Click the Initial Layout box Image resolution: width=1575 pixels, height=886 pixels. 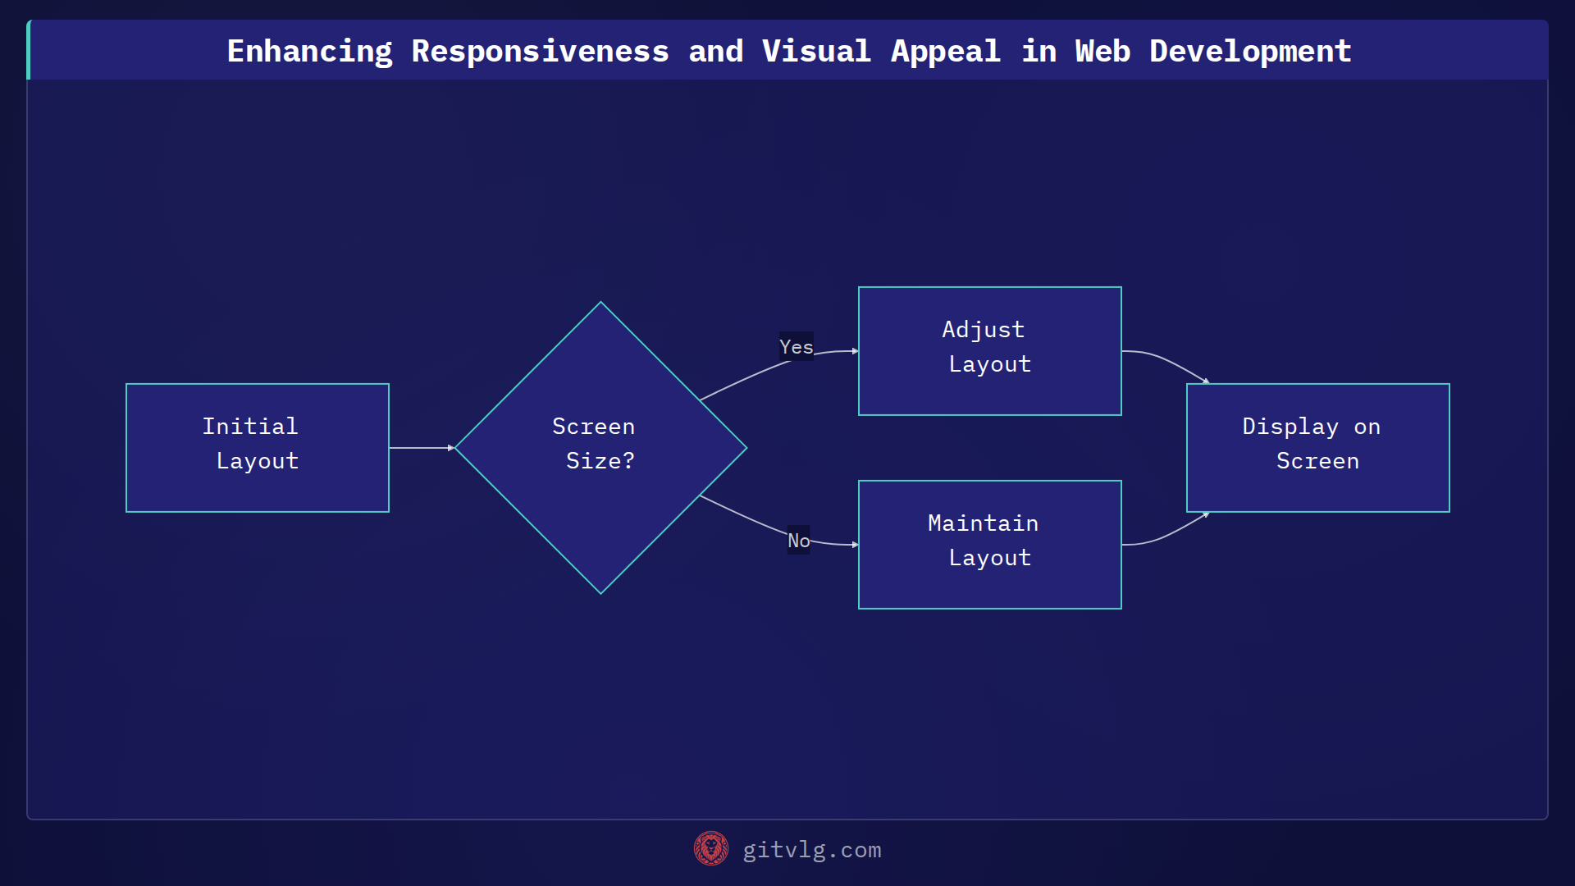point(257,447)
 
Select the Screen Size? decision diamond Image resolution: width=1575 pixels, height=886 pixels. point(600,447)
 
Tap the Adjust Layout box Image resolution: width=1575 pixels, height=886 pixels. point(989,350)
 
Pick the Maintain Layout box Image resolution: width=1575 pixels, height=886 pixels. point(989,544)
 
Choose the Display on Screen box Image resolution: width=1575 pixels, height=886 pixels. point(1317,447)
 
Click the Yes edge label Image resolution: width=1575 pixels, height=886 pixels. point(796,346)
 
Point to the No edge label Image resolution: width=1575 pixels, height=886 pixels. point(798,540)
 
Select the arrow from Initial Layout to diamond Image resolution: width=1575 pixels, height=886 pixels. point(421,447)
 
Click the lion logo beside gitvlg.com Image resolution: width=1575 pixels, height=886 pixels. point(710,848)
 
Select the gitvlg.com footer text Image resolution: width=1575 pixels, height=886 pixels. point(811,850)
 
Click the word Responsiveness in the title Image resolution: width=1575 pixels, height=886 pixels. point(540,51)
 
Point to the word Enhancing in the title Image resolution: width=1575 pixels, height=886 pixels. point(309,51)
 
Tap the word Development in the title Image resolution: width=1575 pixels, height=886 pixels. point(1249,51)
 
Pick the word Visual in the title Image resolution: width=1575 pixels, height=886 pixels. point(815,51)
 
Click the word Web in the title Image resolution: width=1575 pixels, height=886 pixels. point(1102,51)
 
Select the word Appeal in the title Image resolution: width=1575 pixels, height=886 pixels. point(945,51)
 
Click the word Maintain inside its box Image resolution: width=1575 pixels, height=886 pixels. point(983,523)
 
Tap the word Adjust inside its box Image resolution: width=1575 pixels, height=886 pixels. point(983,329)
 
